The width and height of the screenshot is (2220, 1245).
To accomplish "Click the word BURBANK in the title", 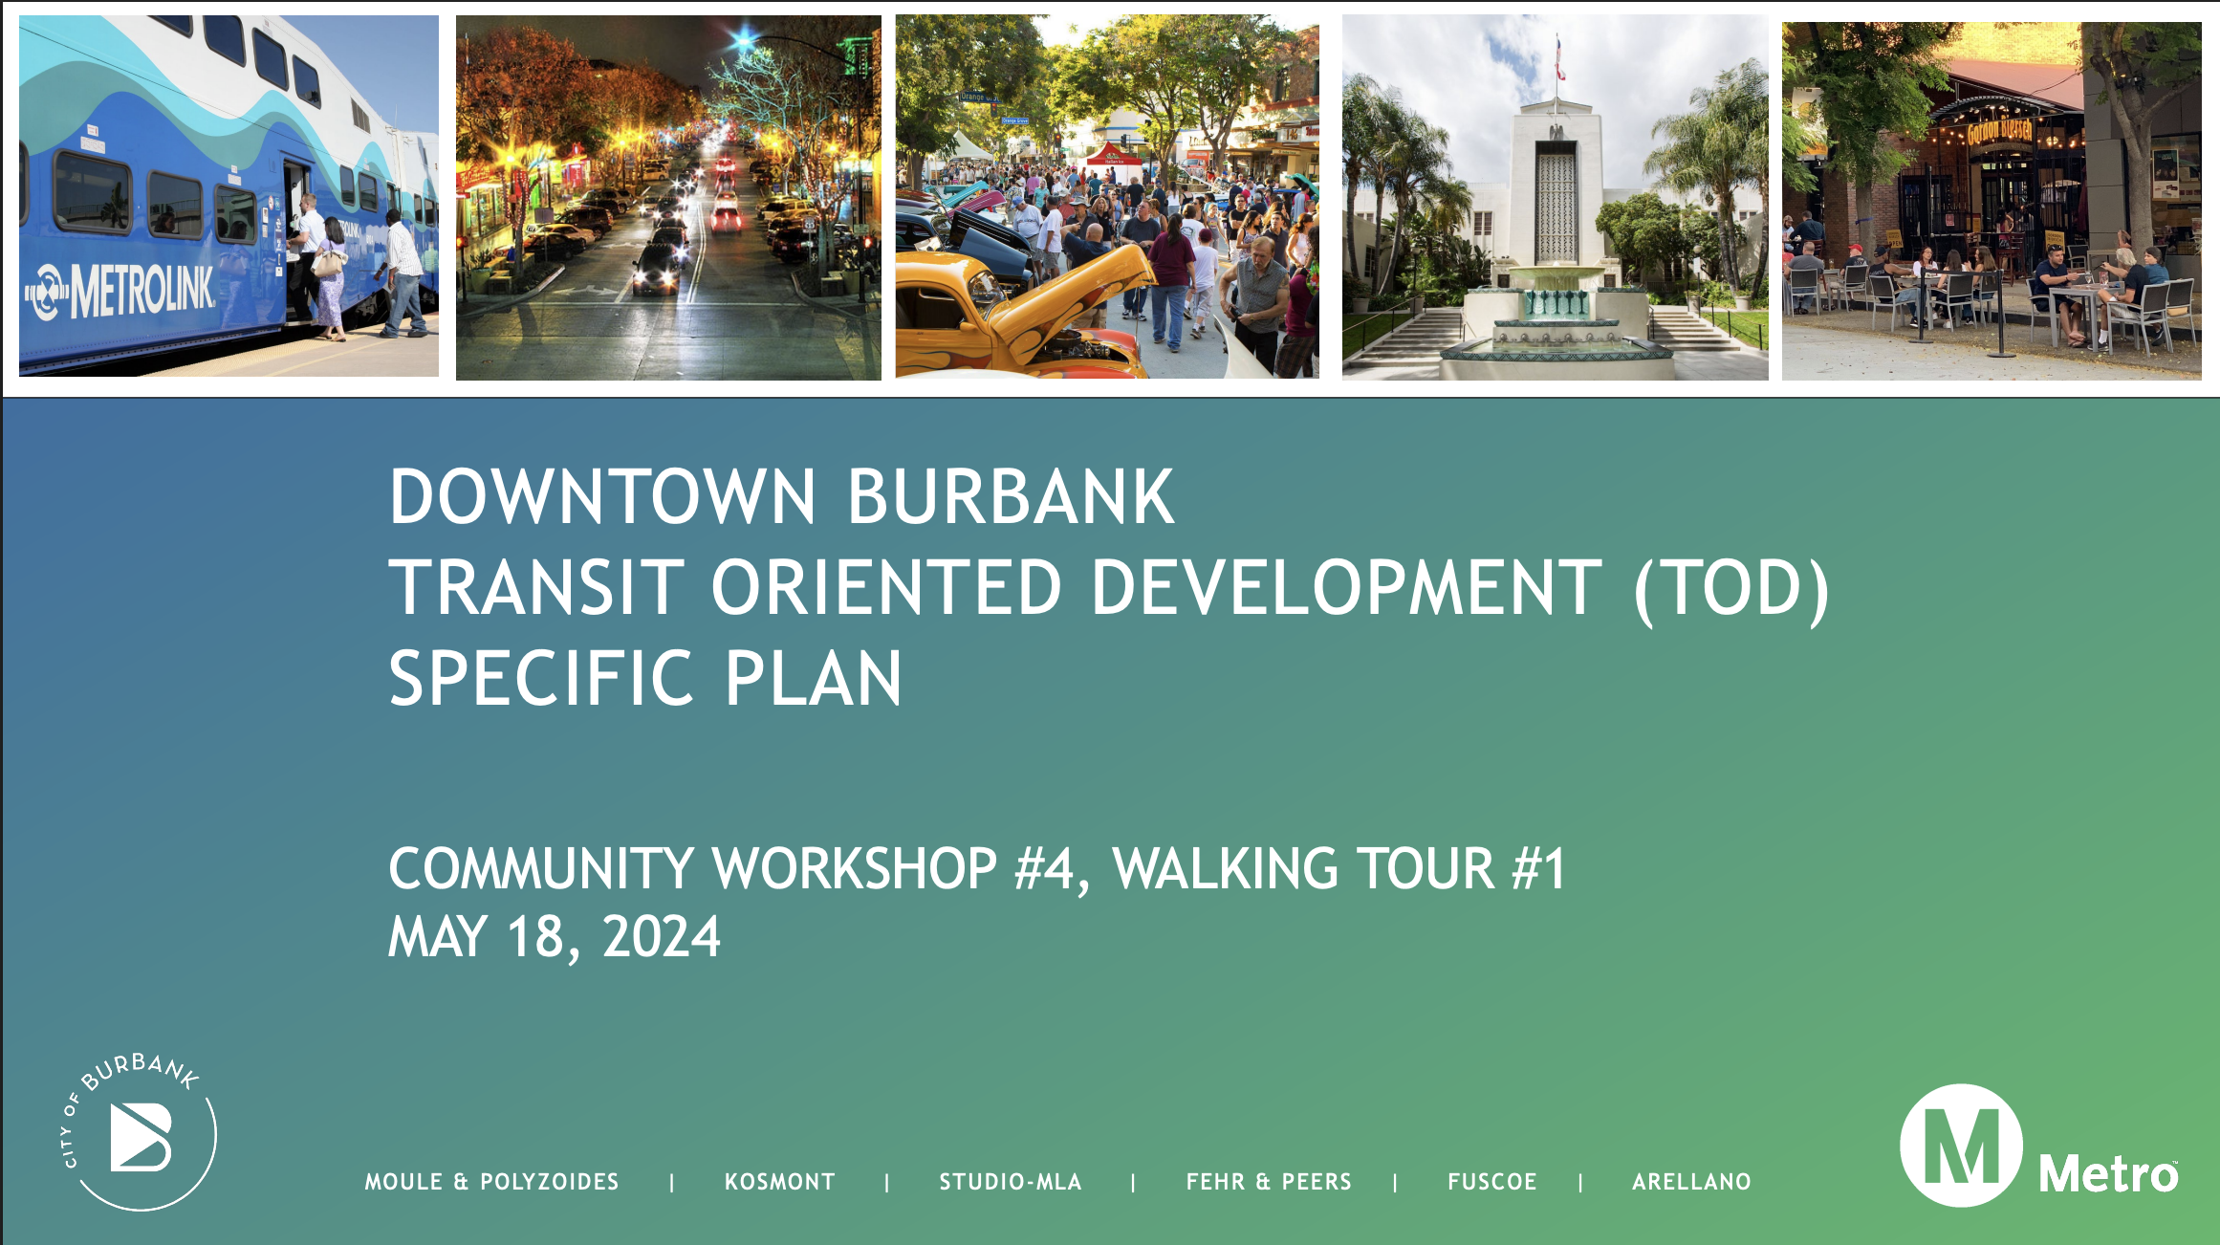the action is coord(1011,496).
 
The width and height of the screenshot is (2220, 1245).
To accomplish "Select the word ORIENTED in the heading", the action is coord(886,587).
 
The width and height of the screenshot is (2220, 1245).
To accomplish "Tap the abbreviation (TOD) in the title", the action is coord(1732,589).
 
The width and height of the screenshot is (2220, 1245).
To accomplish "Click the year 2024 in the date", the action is coord(662,936).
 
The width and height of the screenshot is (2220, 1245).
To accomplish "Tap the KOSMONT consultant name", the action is coord(780,1182).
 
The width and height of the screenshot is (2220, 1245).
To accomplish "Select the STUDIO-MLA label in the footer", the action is coord(1011,1182).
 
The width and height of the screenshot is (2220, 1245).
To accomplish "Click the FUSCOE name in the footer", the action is coord(1492,1182).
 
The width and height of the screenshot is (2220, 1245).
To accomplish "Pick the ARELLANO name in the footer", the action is coord(1691,1182).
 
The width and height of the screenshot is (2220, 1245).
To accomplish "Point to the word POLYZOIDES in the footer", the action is coord(550,1182).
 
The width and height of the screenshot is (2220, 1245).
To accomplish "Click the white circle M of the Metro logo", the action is coord(1961,1145).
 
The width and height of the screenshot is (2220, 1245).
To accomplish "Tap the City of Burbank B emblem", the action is coord(141,1137).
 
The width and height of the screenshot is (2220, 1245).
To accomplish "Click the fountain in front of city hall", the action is coord(1556,325).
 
